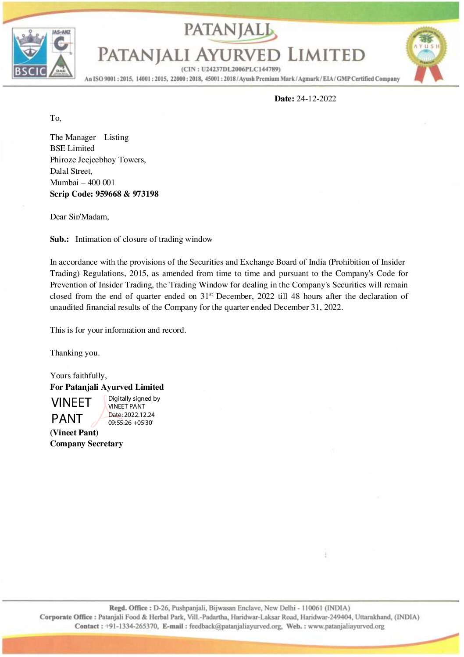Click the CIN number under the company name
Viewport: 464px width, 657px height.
tap(241, 69)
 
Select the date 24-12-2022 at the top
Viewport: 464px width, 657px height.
tap(316, 99)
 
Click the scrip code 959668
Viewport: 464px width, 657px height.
tap(108, 194)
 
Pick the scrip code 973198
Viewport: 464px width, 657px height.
tap(146, 194)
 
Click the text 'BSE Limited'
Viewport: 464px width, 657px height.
tap(72, 148)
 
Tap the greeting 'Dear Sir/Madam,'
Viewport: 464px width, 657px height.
tap(79, 217)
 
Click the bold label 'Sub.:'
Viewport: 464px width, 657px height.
tap(59, 239)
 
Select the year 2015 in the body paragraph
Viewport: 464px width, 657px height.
tap(138, 273)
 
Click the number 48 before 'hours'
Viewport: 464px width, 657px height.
tap(295, 296)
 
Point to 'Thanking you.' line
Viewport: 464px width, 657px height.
tap(75, 353)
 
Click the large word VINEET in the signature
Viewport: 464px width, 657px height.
tap(71, 402)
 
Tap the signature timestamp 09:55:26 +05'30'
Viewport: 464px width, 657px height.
tap(131, 423)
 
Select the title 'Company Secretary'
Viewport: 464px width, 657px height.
tap(86, 444)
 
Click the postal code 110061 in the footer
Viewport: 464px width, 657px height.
tap(312, 608)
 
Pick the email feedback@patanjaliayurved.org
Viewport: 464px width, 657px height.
tap(236, 626)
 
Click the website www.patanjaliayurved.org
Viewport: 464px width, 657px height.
tap(346, 626)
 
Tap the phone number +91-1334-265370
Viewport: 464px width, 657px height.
tap(131, 626)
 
